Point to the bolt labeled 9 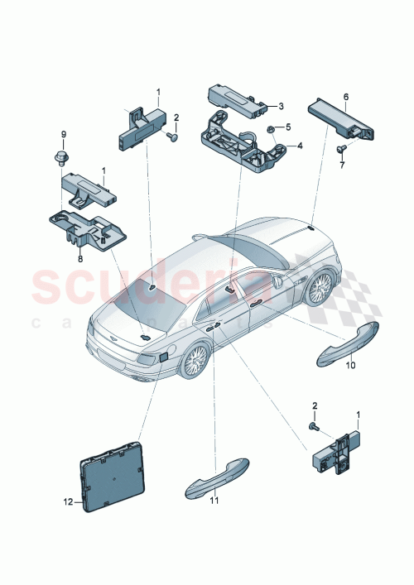(64, 154)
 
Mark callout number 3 (281, 106)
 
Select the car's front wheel (320, 288)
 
